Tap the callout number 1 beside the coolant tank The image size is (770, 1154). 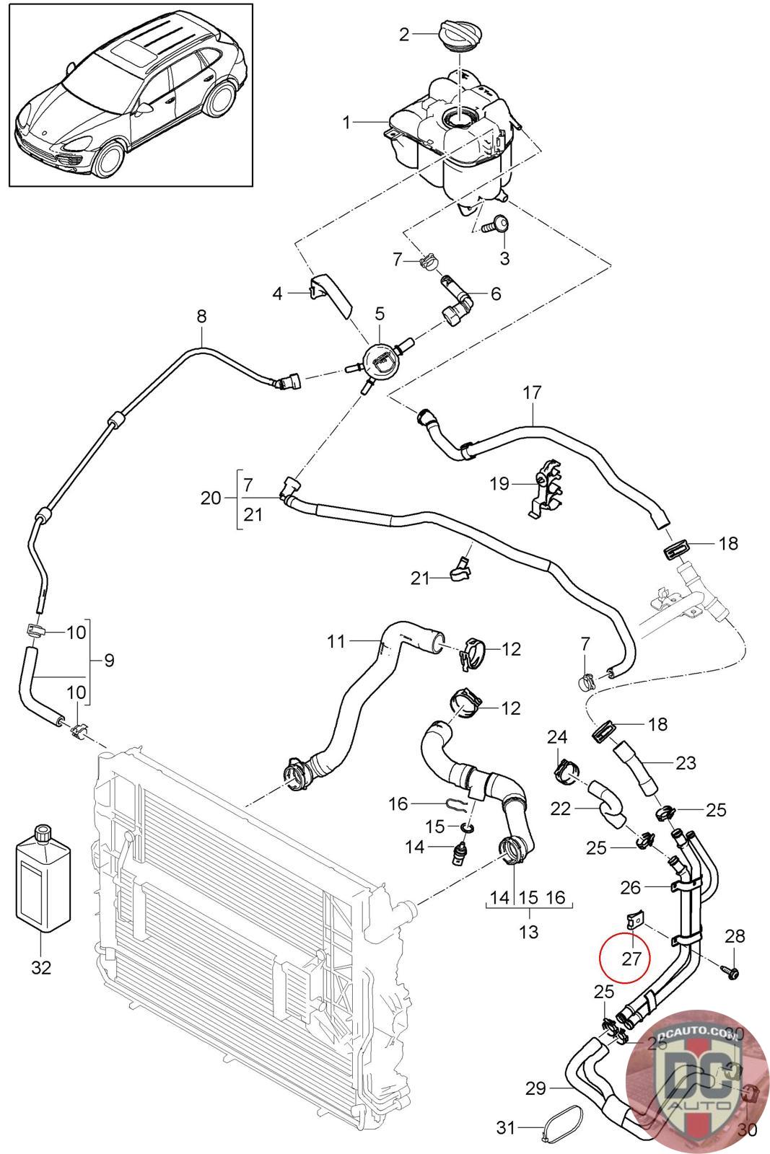pyautogui.click(x=347, y=123)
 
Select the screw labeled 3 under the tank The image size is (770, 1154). pyautogui.click(x=497, y=226)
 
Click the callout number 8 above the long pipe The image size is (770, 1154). pyautogui.click(x=201, y=315)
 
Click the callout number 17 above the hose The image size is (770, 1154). pyautogui.click(x=533, y=393)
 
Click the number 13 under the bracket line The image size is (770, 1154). pyautogui.click(x=528, y=931)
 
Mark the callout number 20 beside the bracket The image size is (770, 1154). pyautogui.click(x=211, y=498)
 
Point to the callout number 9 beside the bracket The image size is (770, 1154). pyautogui.click(x=109, y=660)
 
